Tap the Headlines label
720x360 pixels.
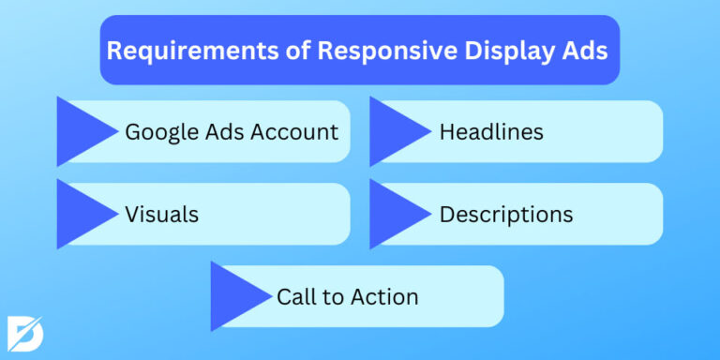(491, 132)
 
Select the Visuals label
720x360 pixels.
(161, 215)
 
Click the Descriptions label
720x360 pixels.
(506, 215)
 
